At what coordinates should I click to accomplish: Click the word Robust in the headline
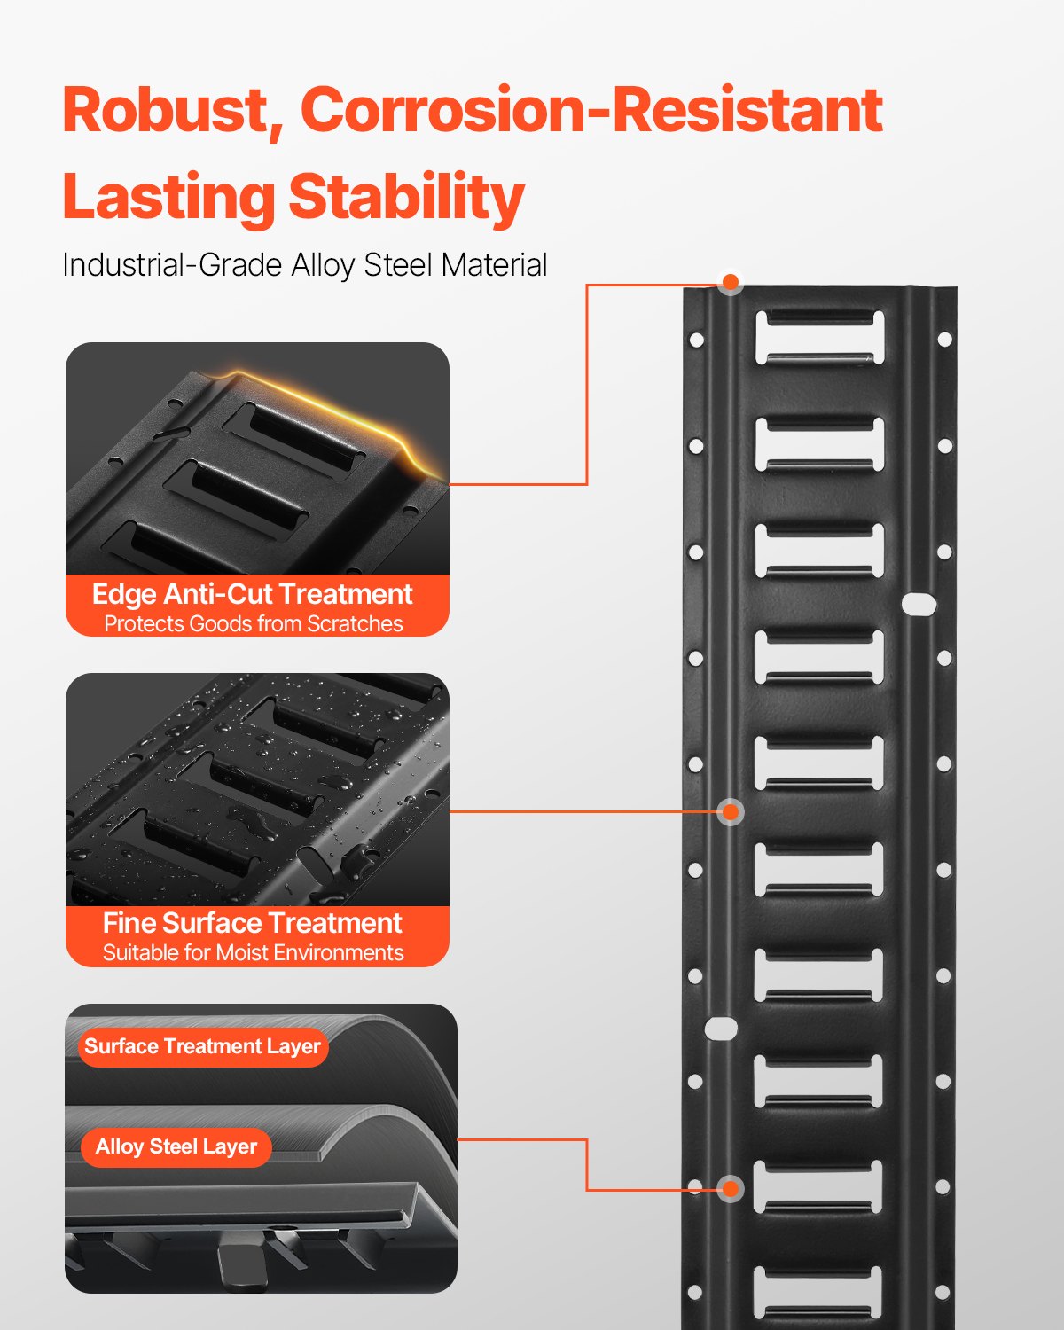(x=166, y=111)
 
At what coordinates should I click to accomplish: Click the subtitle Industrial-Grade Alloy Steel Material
(x=304, y=265)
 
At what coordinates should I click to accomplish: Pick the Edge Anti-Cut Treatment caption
(x=253, y=594)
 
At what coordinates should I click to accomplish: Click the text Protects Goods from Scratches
(x=253, y=624)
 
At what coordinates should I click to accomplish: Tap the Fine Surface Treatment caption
(x=253, y=923)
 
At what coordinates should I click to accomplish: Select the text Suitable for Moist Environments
(x=253, y=953)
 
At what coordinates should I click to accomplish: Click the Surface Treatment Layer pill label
(x=202, y=1046)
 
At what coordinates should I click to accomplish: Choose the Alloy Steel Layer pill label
(x=176, y=1146)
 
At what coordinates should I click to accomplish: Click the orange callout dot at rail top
(x=731, y=283)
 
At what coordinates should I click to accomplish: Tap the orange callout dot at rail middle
(x=731, y=811)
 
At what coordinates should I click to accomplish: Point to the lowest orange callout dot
(x=731, y=1189)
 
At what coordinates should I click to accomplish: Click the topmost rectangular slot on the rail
(x=820, y=337)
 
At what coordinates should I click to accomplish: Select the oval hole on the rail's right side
(x=919, y=605)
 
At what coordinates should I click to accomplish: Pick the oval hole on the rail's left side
(x=721, y=1029)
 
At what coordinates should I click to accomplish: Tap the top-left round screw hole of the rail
(x=696, y=340)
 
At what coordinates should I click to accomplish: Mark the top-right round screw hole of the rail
(x=944, y=340)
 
